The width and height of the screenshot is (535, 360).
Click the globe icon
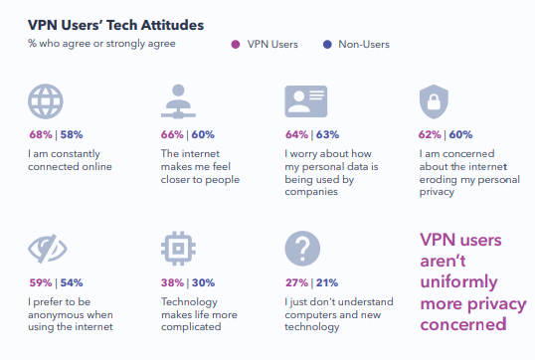[x=46, y=101]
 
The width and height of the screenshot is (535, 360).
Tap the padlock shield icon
[x=434, y=101]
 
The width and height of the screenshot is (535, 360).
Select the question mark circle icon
[x=302, y=249]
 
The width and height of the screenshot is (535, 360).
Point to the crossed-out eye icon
[x=48, y=249]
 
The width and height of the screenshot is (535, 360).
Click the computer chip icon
[x=178, y=249]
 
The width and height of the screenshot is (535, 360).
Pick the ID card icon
[x=306, y=101]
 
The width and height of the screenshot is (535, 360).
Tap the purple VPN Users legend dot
[x=236, y=45]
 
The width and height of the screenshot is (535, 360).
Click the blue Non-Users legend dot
[x=327, y=45]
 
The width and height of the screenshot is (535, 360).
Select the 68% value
[x=41, y=134]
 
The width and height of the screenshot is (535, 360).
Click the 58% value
[x=72, y=134]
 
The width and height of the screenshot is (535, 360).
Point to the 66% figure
[x=172, y=134]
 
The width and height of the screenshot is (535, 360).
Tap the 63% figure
[x=327, y=134]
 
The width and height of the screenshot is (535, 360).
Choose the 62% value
[x=430, y=134]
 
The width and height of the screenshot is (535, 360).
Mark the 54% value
[x=72, y=282]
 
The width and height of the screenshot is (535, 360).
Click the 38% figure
[x=173, y=282]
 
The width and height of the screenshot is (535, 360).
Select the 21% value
[x=327, y=282]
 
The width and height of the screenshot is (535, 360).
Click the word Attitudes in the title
[x=172, y=25]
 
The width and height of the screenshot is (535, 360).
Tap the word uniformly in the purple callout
[x=458, y=282]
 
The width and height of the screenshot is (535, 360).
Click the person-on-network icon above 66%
[x=178, y=101]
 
